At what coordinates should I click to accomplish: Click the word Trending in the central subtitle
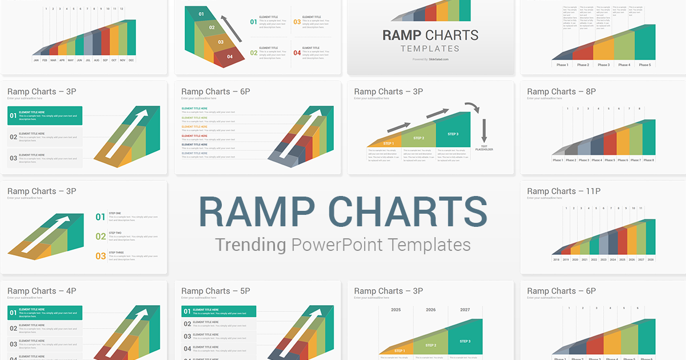(x=250, y=245)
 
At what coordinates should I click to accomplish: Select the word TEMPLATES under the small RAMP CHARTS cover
(x=430, y=49)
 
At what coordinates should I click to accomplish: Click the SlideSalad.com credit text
(x=438, y=59)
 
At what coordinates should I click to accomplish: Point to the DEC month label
(x=131, y=60)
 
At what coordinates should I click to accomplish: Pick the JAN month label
(x=36, y=60)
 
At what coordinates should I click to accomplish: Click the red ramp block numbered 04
(x=230, y=57)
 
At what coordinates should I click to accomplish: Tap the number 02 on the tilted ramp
(x=212, y=27)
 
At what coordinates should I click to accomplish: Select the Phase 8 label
(x=649, y=160)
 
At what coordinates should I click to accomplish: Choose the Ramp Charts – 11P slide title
(x=563, y=191)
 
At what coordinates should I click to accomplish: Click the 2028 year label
(x=651, y=259)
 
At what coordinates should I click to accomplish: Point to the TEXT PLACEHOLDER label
(x=484, y=148)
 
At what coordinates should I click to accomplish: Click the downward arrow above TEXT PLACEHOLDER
(x=484, y=130)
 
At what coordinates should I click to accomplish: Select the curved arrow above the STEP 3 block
(x=472, y=106)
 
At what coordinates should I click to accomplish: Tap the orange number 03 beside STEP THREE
(x=101, y=257)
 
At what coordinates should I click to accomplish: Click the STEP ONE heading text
(x=115, y=213)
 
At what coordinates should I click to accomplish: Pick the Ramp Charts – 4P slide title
(x=42, y=291)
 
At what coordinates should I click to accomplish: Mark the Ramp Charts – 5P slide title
(x=216, y=291)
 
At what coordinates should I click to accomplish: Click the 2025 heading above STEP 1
(x=396, y=310)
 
